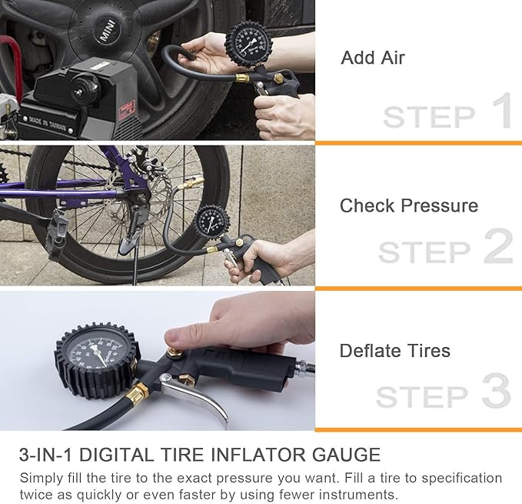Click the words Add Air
372,58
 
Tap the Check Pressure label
408,206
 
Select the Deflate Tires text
394,351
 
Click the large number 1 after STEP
500,112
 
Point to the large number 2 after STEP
497,247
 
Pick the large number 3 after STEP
496,392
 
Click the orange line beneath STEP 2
418,289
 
